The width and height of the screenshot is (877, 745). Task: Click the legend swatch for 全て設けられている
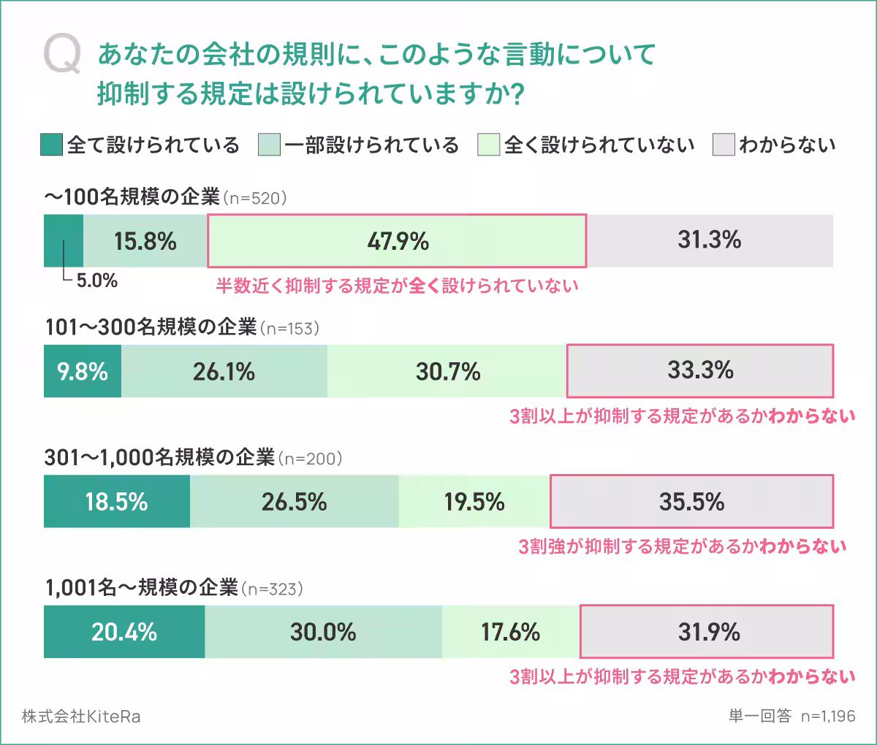(x=51, y=145)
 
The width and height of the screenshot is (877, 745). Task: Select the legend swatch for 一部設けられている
(x=269, y=145)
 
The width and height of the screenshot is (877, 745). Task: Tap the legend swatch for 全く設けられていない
(x=488, y=145)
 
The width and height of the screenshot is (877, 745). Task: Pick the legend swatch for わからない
(x=723, y=145)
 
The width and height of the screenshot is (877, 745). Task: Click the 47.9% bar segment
(x=397, y=241)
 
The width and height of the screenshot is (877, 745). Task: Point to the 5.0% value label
(x=97, y=281)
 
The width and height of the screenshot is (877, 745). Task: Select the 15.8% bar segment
(x=145, y=241)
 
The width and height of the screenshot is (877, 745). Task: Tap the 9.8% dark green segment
(x=83, y=371)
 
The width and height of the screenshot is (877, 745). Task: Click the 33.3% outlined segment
(x=699, y=371)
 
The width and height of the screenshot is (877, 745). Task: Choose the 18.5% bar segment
(x=117, y=502)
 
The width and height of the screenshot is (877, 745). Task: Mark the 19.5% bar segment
(x=474, y=502)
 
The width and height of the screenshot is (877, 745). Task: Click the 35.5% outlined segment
(x=691, y=502)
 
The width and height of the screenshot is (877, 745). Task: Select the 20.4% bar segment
(x=124, y=632)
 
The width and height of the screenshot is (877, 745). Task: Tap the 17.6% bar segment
(x=510, y=632)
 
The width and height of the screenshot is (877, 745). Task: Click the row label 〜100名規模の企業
(x=132, y=197)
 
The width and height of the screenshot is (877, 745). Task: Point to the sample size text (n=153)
(x=290, y=328)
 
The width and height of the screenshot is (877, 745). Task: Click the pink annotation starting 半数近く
(x=397, y=286)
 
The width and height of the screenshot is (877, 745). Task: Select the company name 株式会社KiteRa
(x=81, y=717)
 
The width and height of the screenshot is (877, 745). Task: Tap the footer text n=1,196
(x=827, y=717)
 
